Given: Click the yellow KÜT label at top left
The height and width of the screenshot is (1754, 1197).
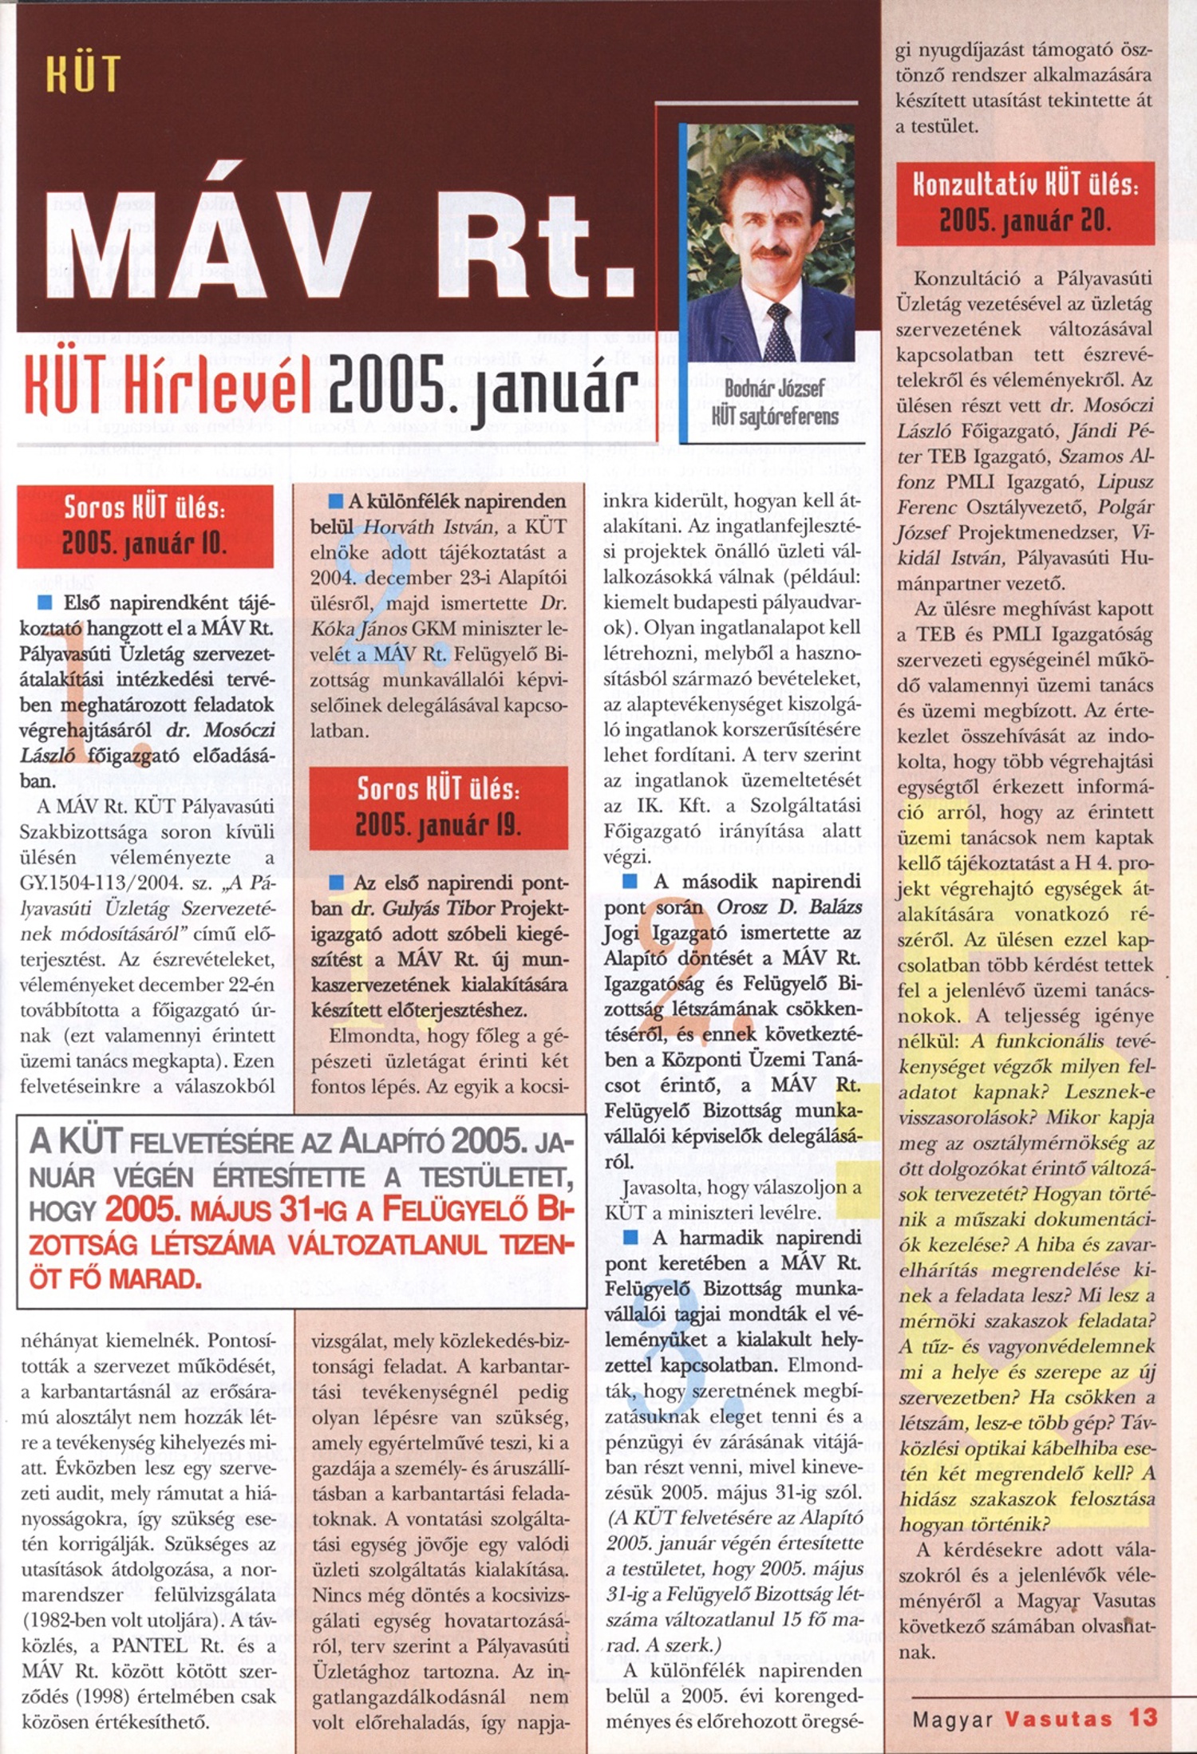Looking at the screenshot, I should click(83, 74).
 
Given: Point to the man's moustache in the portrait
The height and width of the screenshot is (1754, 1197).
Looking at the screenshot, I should click(770, 251).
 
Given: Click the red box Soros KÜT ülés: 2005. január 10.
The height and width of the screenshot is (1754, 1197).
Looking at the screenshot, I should click(144, 526).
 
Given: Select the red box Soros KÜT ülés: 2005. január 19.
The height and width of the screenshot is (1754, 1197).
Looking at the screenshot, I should click(438, 807).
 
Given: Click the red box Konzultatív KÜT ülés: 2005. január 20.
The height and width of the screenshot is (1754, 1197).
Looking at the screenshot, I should click(1025, 203).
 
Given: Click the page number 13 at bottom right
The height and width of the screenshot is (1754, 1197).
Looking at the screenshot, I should click(1142, 1717).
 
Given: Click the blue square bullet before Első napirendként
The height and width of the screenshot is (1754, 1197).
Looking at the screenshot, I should click(45, 601).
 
